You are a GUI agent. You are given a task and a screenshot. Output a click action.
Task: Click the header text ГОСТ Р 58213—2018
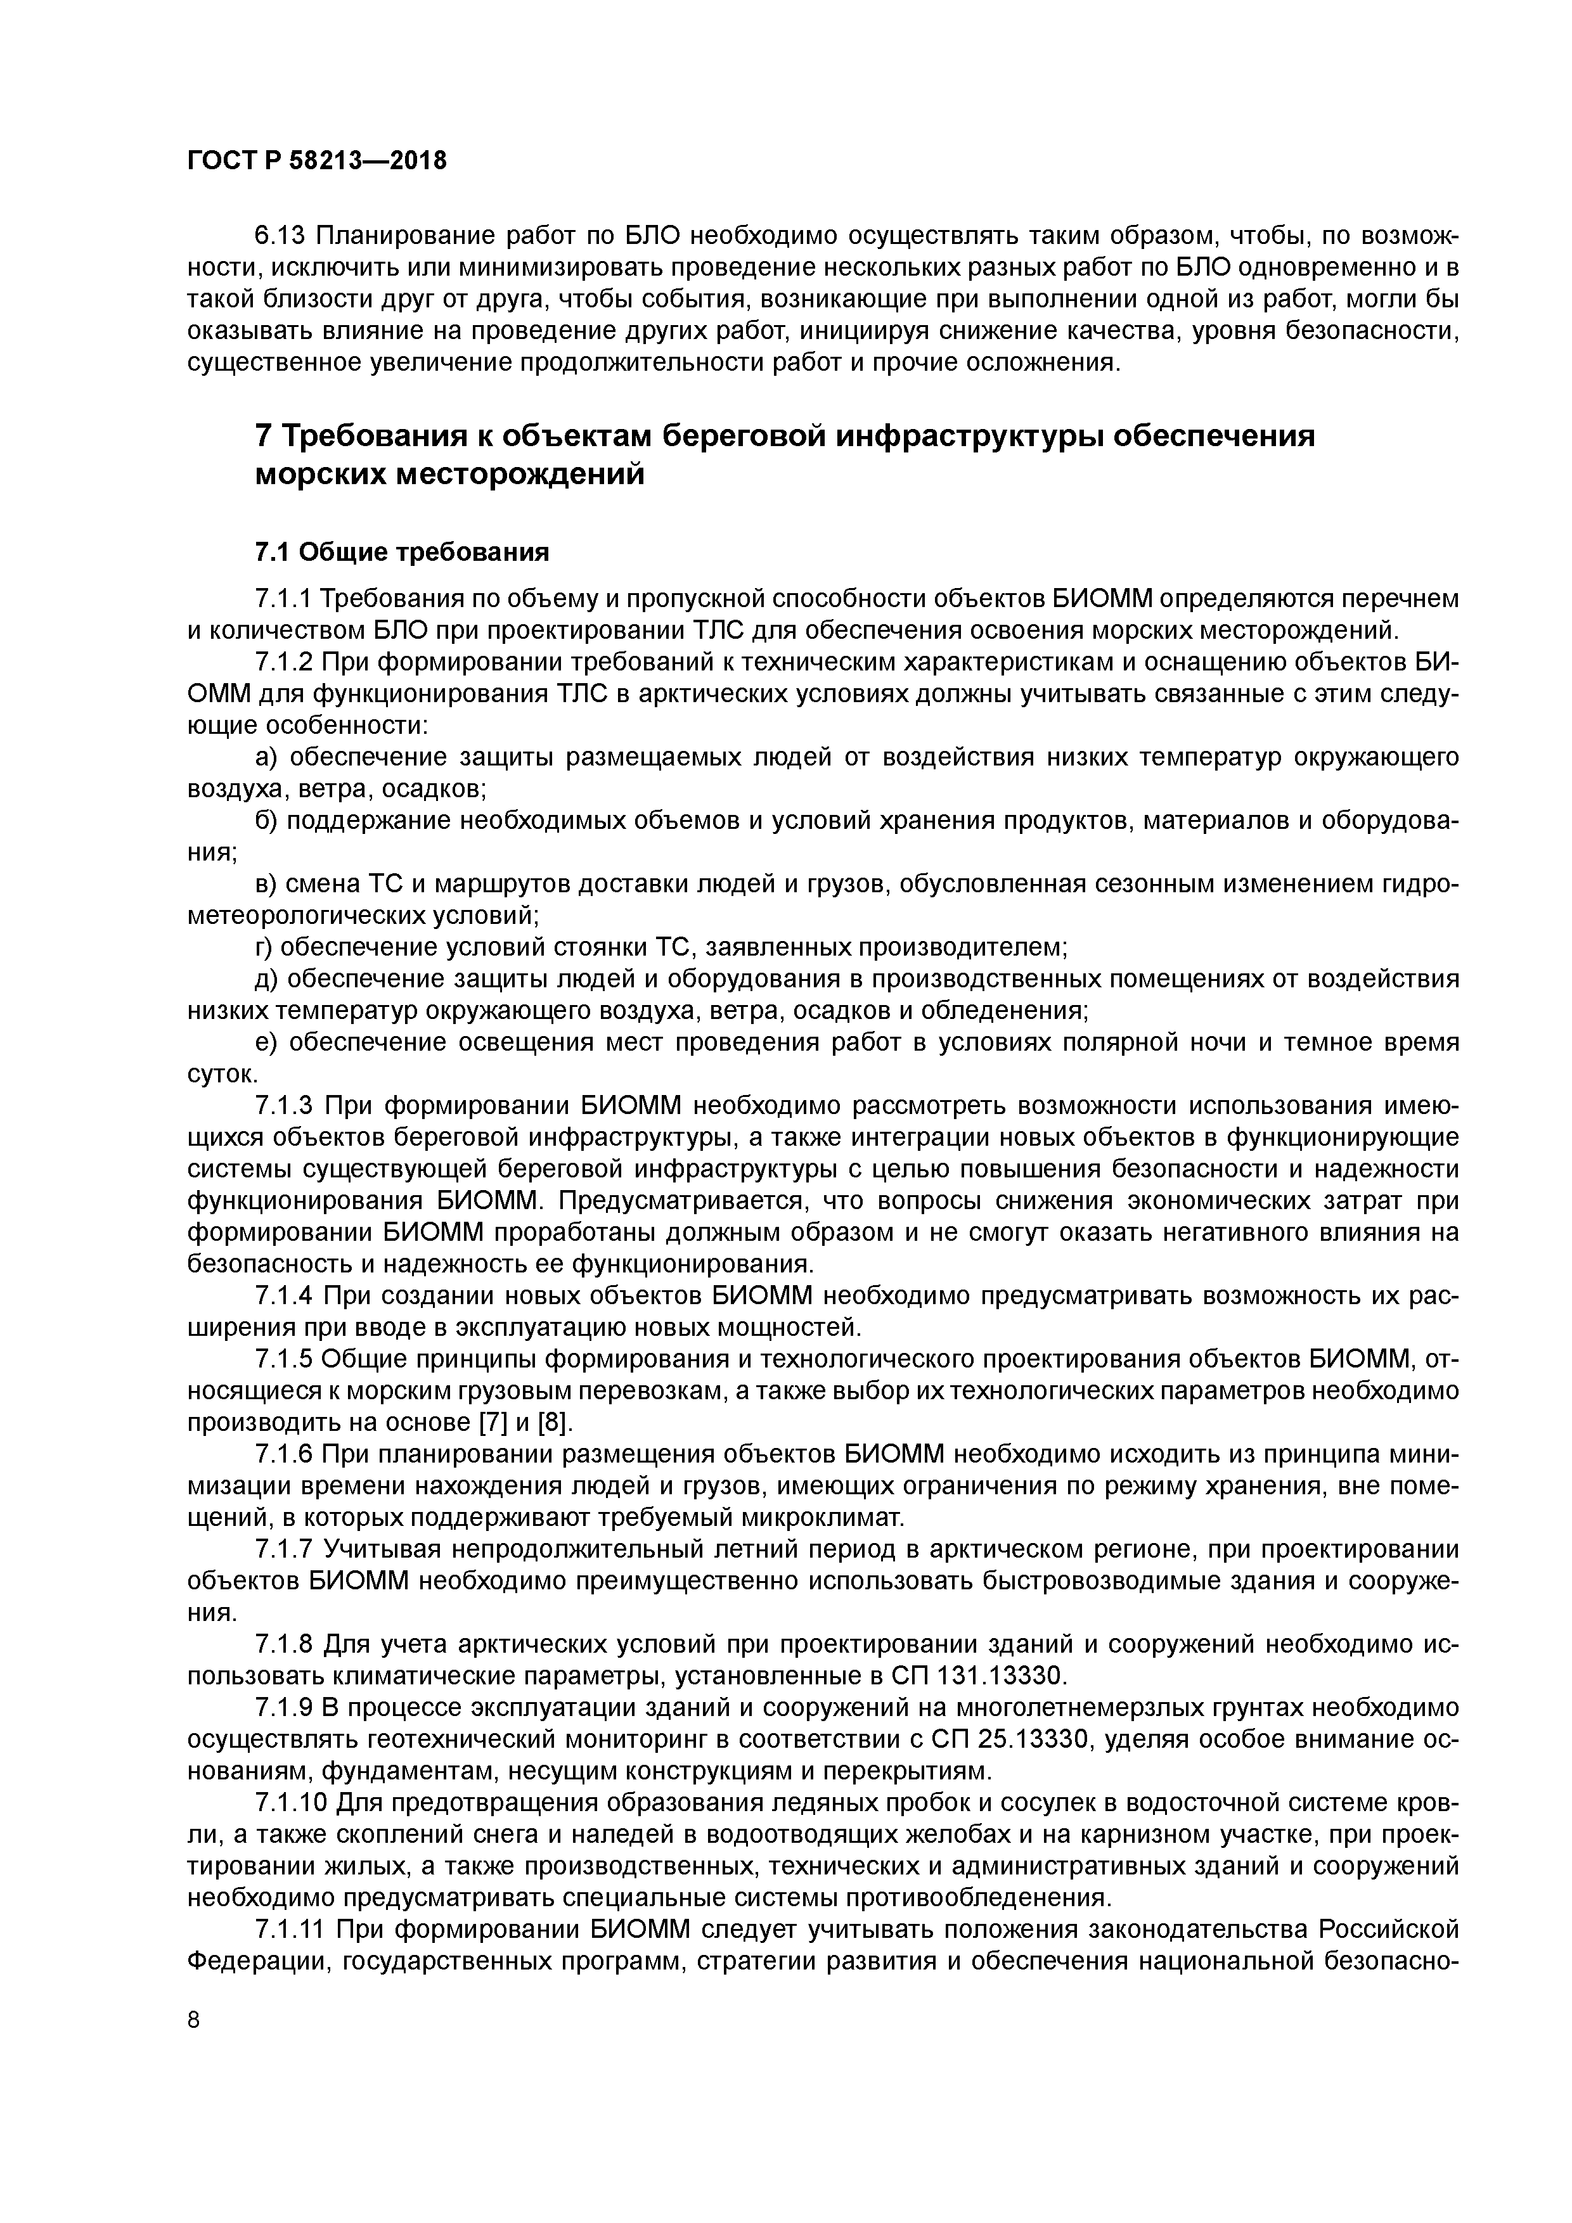317,161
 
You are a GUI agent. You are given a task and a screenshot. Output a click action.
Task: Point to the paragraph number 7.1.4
284,1295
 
